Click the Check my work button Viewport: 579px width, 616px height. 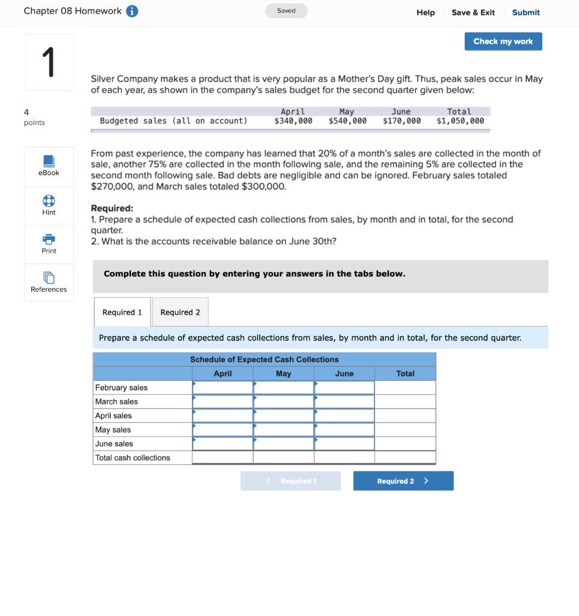[x=503, y=42]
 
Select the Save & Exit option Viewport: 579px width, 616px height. [x=473, y=13]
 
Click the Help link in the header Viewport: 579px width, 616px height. [x=425, y=13]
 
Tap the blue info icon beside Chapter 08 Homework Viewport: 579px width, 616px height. [x=132, y=11]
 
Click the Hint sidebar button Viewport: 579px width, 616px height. [x=49, y=205]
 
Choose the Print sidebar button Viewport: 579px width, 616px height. [x=49, y=244]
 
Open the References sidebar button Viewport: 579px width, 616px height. [x=49, y=282]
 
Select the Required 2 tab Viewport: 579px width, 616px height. [x=180, y=312]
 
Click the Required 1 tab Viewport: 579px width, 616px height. [x=122, y=312]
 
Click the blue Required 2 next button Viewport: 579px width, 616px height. [x=403, y=481]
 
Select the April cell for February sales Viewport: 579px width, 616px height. [x=222, y=388]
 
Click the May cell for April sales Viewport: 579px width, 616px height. [x=283, y=416]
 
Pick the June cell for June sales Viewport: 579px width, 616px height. [x=344, y=444]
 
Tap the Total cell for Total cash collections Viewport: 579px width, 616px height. [x=405, y=458]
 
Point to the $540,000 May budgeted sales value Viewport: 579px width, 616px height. [x=348, y=121]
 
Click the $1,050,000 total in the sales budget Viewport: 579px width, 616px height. [x=460, y=121]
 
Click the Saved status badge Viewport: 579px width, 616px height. [x=286, y=11]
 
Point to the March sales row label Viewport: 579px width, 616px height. [x=117, y=402]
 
